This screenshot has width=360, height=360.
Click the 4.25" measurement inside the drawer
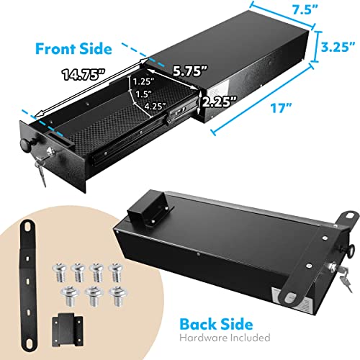click(x=156, y=107)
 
